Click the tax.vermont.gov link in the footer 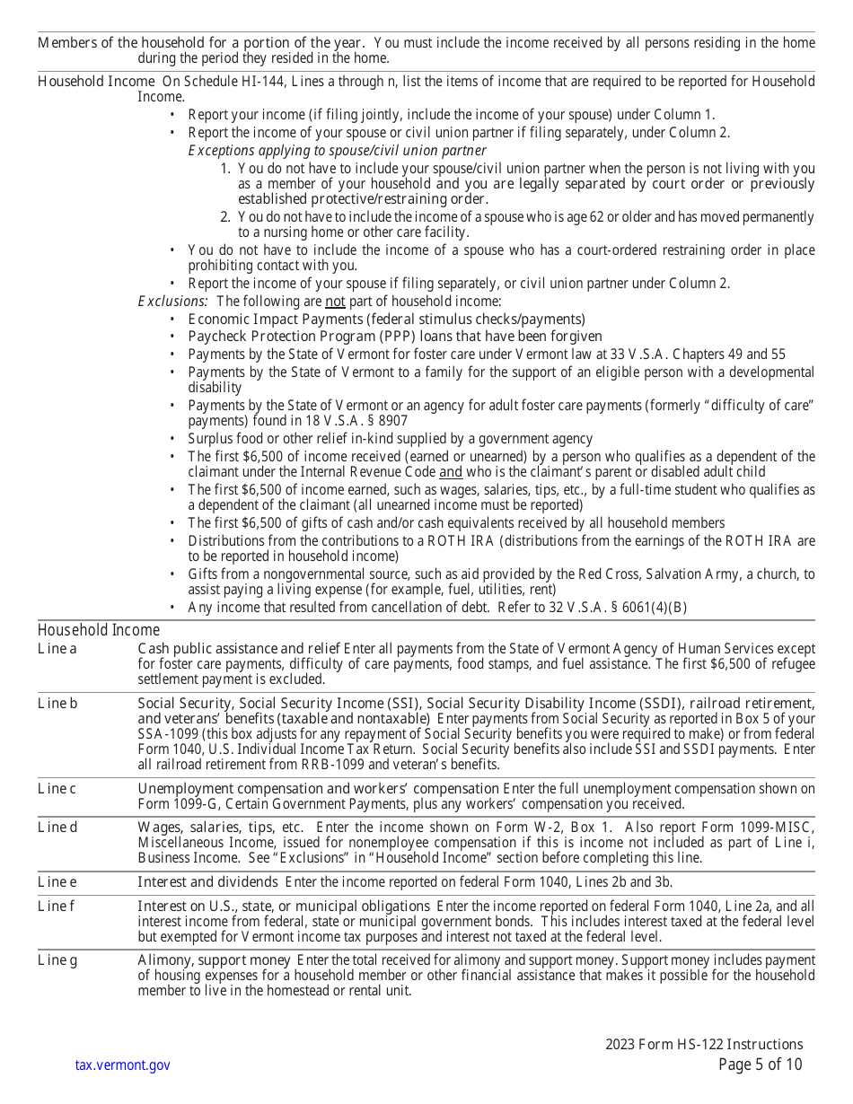click(122, 1065)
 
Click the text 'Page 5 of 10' click(761, 1065)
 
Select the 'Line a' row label click(57, 648)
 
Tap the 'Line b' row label click(57, 703)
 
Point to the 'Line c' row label click(57, 788)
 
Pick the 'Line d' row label click(57, 827)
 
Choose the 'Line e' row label click(57, 881)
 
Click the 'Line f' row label click(57, 906)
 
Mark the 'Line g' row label click(57, 960)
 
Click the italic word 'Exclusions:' click(172, 302)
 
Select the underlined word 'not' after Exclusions click(335, 302)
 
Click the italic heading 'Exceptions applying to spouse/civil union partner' click(337, 150)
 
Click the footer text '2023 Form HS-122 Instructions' click(704, 1044)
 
